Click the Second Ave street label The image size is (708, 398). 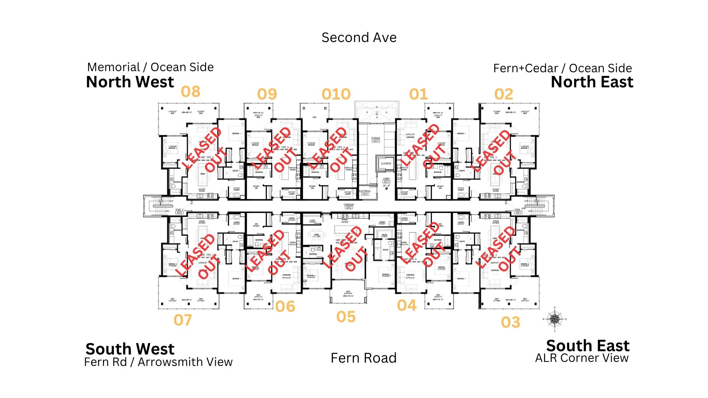(359, 38)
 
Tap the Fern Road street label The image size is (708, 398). (363, 358)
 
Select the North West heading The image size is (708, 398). (130, 82)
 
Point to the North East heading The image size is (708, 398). (592, 82)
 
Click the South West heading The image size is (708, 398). (130, 349)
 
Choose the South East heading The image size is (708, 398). (587, 346)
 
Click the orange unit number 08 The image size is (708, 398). (190, 91)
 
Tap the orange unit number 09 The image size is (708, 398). (267, 94)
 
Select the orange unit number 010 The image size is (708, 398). (336, 94)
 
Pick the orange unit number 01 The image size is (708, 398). (418, 94)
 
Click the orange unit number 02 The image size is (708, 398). (504, 94)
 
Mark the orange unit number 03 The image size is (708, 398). (510, 322)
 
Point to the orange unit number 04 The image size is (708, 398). (407, 305)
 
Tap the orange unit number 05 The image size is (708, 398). (346, 317)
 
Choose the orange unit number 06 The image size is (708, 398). (285, 306)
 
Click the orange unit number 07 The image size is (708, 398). (183, 320)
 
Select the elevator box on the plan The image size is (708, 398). (386, 163)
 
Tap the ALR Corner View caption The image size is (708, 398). (582, 358)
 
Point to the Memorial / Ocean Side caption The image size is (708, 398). (150, 67)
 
